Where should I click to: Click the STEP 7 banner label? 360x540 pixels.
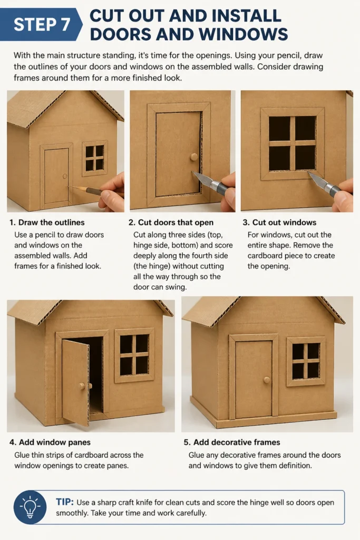pyautogui.click(x=42, y=24)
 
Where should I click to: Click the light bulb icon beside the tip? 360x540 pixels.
pyautogui.click(x=30, y=507)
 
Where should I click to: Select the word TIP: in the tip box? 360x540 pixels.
pyautogui.click(x=65, y=502)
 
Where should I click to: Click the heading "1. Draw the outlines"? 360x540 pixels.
pyautogui.click(x=47, y=223)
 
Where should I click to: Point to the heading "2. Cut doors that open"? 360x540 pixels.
pyautogui.click(x=171, y=223)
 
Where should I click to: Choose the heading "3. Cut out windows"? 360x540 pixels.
pyautogui.click(x=279, y=223)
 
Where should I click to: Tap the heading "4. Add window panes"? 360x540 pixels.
pyautogui.click(x=50, y=442)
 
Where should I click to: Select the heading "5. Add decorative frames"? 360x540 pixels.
pyautogui.click(x=232, y=442)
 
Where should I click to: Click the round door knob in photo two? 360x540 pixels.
pyautogui.click(x=194, y=157)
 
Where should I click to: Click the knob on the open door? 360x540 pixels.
pyautogui.click(x=82, y=386)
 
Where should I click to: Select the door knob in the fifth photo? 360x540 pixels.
pyautogui.click(x=267, y=380)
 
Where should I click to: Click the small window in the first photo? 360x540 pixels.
pyautogui.click(x=95, y=158)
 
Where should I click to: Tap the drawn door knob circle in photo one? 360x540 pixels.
pyautogui.click(x=65, y=177)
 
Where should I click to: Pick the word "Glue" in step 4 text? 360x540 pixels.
pyautogui.click(x=22, y=455)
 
